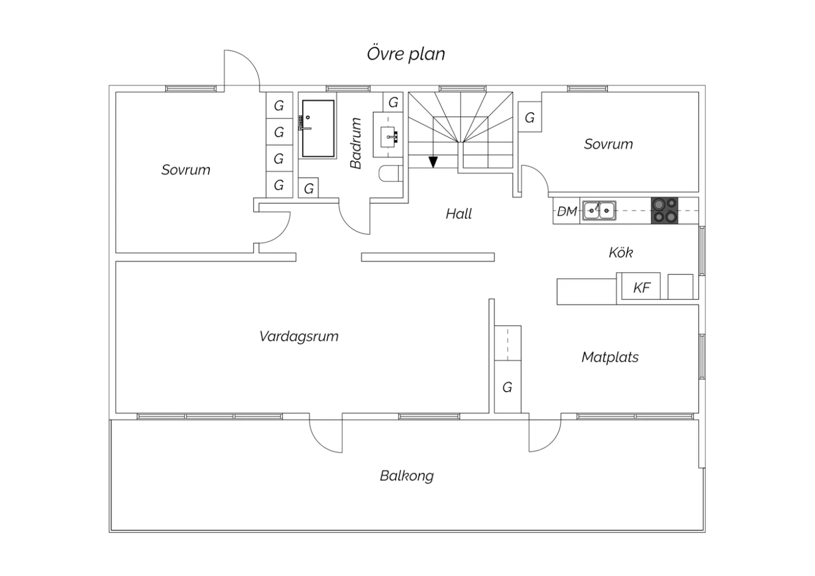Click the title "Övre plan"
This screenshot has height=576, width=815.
pyautogui.click(x=406, y=54)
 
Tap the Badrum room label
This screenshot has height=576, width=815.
pyautogui.click(x=356, y=143)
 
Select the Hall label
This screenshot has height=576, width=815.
pyautogui.click(x=459, y=214)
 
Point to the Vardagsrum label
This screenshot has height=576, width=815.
pyautogui.click(x=299, y=336)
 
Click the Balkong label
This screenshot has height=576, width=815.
pyautogui.click(x=406, y=476)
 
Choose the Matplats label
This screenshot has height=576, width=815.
pyautogui.click(x=610, y=357)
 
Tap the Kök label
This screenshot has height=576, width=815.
pyautogui.click(x=620, y=252)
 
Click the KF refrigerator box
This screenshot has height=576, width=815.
pyautogui.click(x=642, y=287)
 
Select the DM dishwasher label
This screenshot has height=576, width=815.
pyautogui.click(x=567, y=211)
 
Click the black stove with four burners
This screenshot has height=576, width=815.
pyautogui.click(x=664, y=210)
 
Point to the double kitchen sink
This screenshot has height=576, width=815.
pyautogui.click(x=599, y=210)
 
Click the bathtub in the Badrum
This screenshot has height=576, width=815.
pyautogui.click(x=318, y=128)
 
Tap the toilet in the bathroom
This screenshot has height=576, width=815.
pyautogui.click(x=390, y=174)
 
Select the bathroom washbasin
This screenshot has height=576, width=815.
pyautogui.click(x=388, y=135)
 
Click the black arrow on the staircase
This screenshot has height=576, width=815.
pyautogui.click(x=433, y=161)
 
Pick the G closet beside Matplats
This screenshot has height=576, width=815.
pyautogui.click(x=507, y=387)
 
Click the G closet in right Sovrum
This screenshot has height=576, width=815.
pyautogui.click(x=530, y=117)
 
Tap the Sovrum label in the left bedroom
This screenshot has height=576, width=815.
pyautogui.click(x=186, y=170)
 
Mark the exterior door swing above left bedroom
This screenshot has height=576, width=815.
pyautogui.click(x=241, y=68)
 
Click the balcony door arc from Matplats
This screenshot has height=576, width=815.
pyautogui.click(x=545, y=435)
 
